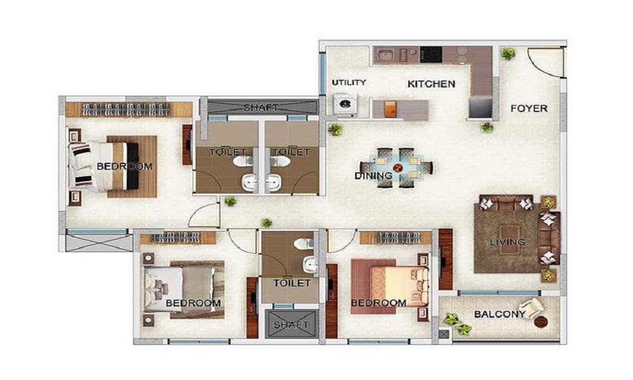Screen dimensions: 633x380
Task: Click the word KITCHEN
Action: pos(431,84)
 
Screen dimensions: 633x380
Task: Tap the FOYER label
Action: pos(529,109)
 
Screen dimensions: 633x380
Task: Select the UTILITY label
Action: pos(349,82)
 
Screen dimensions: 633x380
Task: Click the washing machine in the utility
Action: pos(346,104)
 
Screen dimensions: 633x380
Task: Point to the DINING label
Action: pos(373,176)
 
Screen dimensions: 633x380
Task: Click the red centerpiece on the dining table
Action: pos(398,168)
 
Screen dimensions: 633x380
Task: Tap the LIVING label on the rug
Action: pos(508,243)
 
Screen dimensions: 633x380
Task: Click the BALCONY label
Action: pos(500,314)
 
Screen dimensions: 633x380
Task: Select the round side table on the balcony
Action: pos(541,322)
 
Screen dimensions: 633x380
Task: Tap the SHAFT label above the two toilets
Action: pos(260,108)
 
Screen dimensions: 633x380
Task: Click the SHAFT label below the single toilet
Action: pos(291,325)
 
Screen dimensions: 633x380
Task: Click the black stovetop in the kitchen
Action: pos(430,55)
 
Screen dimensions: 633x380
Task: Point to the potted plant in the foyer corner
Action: pos(508,54)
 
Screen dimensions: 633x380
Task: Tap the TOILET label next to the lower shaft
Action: pos(291,283)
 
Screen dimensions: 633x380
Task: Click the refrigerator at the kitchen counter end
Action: pos(480,108)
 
